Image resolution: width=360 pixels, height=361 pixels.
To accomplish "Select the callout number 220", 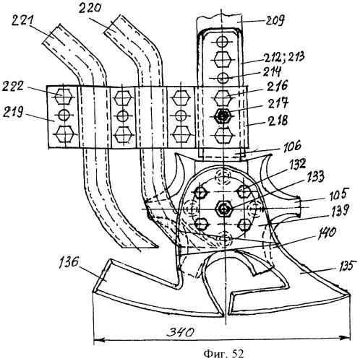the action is point(90,9).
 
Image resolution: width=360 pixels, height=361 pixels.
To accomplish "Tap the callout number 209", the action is point(275,21).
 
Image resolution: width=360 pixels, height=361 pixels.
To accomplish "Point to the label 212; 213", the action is point(284,57).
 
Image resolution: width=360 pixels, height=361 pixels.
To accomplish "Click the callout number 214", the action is point(272,71).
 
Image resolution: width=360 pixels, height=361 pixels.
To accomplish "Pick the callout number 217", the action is point(279,103).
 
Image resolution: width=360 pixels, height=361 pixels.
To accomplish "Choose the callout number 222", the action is point(13,86).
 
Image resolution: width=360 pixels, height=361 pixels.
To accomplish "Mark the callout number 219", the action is point(13,112).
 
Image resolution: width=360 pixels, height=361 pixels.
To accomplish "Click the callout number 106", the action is point(292,146).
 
